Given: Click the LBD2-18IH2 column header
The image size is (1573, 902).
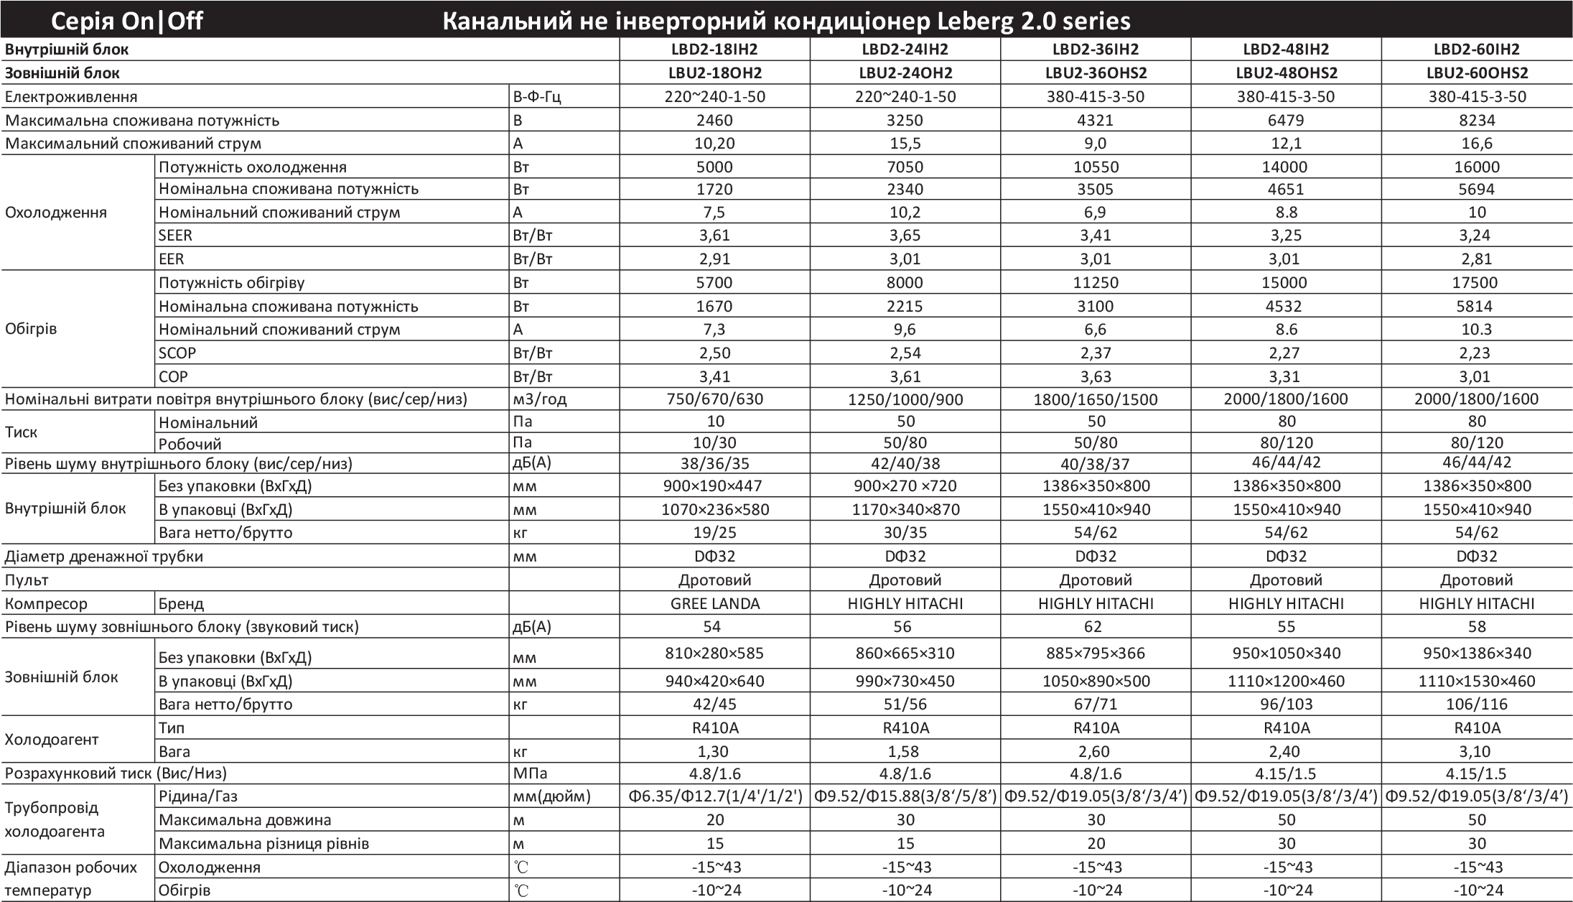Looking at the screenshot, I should click(x=714, y=50).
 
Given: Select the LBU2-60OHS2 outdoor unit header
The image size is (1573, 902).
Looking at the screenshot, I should click(x=1477, y=73).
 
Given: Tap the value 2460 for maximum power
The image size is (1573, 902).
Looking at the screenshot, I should click(x=714, y=120).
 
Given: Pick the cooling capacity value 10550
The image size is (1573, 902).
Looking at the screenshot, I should click(x=1096, y=167).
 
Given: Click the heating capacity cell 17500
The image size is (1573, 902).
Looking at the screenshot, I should click(x=1477, y=282).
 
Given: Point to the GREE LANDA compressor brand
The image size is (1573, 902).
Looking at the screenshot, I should click(x=714, y=604).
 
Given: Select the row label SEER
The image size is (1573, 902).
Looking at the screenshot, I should click(x=175, y=236).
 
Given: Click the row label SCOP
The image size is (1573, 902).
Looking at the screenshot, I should click(x=177, y=353).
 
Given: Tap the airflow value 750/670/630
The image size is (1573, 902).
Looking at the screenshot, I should click(x=714, y=399).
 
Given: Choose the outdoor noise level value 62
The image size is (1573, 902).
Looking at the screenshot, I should click(x=1093, y=627).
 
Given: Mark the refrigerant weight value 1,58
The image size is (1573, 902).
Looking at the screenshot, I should click(x=905, y=752).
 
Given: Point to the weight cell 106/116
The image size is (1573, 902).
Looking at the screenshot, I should click(x=1477, y=705).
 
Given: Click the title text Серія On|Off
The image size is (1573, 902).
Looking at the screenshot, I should click(x=127, y=22).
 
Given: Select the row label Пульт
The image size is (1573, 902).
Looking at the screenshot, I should click(x=27, y=580).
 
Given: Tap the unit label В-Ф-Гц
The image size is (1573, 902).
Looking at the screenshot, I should click(x=537, y=97).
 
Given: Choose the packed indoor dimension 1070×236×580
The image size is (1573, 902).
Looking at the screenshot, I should click(x=714, y=510).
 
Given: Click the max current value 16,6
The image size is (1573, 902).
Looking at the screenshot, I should click(x=1477, y=144).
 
